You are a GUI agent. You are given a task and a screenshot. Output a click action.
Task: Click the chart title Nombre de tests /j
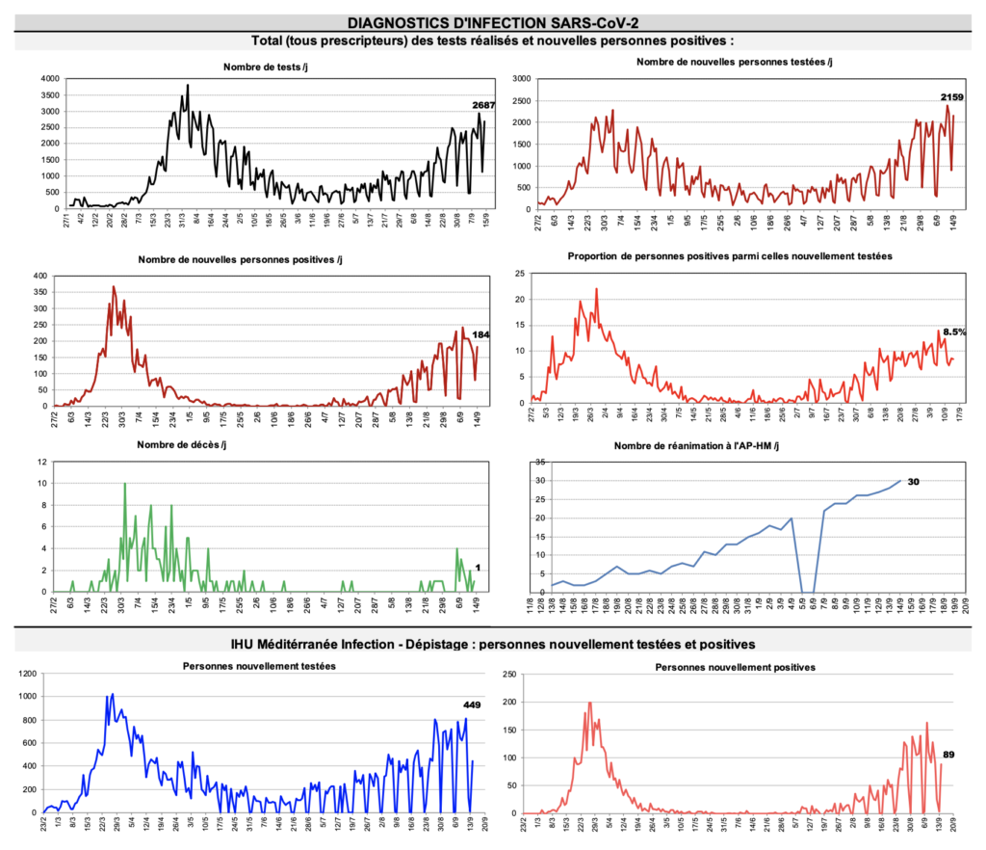tap(265, 66)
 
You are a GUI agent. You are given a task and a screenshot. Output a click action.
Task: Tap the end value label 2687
tap(483, 105)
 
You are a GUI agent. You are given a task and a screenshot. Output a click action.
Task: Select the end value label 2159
tap(951, 97)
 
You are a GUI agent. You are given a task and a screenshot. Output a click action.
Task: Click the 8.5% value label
tap(954, 332)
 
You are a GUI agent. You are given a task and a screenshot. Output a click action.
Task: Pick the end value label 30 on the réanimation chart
tap(913, 482)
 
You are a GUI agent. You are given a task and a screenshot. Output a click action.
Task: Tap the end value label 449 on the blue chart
tap(472, 704)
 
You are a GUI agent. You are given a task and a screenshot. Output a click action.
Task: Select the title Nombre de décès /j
tap(183, 445)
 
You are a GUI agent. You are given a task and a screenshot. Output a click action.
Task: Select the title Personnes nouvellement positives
tap(735, 667)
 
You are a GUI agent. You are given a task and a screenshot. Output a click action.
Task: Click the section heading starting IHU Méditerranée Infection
tap(493, 643)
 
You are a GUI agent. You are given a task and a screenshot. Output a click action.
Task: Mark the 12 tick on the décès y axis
tap(41, 463)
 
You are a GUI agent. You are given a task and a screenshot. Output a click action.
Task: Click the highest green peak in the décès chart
tap(124, 484)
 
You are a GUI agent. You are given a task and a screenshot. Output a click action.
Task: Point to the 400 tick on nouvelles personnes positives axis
tap(41, 277)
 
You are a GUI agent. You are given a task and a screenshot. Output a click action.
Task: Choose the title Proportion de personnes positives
tap(729, 256)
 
